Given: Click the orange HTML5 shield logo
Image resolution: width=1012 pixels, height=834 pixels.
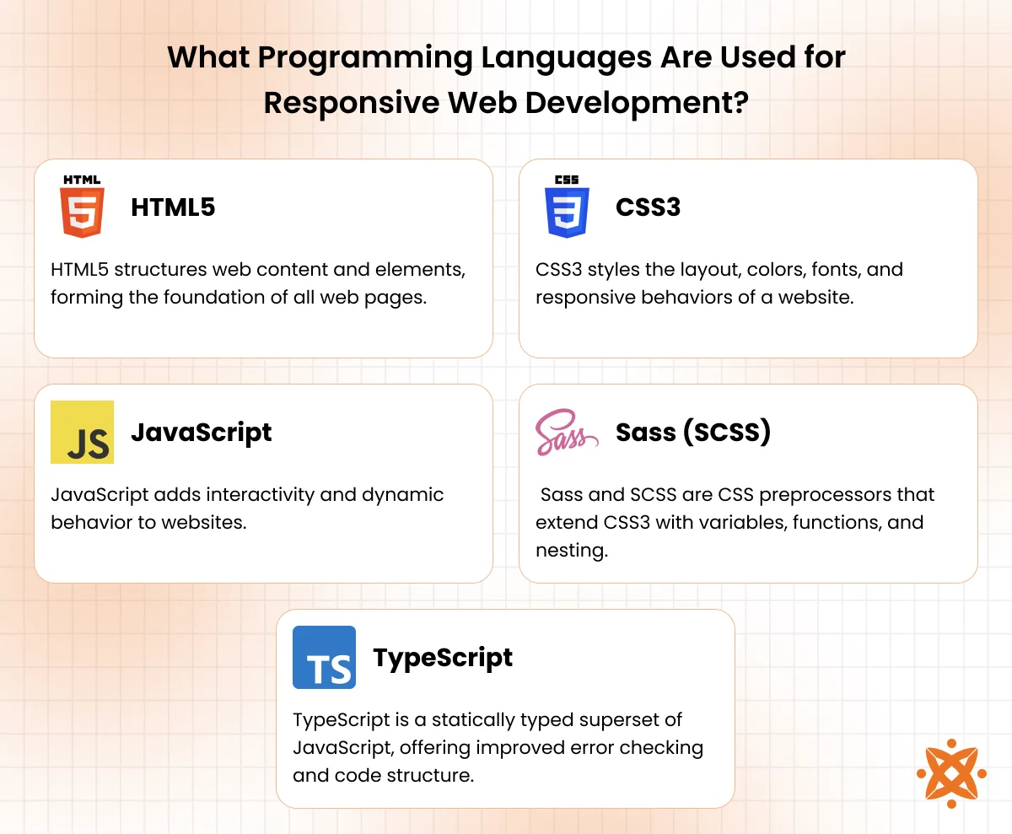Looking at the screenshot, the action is point(82,207).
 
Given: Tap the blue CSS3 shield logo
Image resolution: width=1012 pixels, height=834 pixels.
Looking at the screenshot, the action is point(567,207).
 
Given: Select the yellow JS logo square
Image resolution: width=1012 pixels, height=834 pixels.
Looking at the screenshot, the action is point(82,432).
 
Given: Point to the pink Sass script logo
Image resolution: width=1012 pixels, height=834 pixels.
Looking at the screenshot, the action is point(567,432).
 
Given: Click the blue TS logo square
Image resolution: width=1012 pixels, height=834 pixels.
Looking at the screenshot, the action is point(324,657).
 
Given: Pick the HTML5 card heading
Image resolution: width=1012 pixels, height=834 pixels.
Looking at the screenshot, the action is point(173,207).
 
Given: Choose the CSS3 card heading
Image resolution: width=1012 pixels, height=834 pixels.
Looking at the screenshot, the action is point(648,207).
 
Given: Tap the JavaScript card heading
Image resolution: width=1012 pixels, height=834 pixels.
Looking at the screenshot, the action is point(202,433).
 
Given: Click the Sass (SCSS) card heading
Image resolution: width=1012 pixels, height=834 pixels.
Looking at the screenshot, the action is point(693,433).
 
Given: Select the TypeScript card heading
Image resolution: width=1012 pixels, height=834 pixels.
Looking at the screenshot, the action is point(443,659).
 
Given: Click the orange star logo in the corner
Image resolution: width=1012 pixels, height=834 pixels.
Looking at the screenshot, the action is point(951,774).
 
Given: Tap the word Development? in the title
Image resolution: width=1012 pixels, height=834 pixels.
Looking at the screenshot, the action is point(637,104).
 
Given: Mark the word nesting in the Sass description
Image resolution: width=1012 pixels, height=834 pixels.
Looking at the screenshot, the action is point(572,551).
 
